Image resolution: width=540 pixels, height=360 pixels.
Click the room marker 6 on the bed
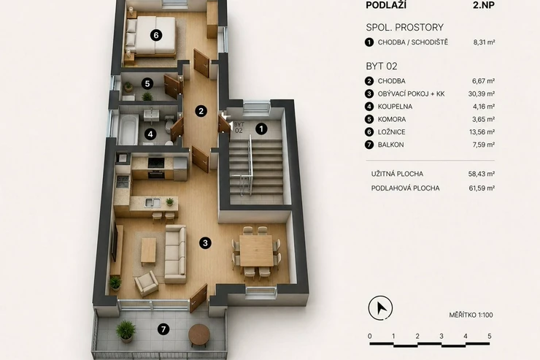156,35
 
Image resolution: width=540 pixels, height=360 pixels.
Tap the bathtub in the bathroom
128,129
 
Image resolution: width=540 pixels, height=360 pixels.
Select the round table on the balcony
199,335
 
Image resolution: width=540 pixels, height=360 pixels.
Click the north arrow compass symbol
380,307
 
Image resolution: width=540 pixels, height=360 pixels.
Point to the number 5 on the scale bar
490,336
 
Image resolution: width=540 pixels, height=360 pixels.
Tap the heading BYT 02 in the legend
382,66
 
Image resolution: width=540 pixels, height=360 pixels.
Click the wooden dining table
256,250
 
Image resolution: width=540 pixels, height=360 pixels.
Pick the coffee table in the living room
148,251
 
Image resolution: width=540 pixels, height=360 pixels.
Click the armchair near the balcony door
147,283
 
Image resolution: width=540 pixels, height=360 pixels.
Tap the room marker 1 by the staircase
261,129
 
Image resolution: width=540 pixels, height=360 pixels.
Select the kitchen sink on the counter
153,202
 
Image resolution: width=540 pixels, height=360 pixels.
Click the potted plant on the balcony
126,331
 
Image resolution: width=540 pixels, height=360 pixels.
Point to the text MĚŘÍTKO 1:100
471,315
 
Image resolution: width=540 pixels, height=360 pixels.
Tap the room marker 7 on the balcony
163,329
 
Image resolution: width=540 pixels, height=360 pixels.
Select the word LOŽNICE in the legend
392,132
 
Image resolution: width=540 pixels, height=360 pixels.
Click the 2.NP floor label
484,5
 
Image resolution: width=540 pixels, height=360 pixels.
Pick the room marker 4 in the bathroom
150,134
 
